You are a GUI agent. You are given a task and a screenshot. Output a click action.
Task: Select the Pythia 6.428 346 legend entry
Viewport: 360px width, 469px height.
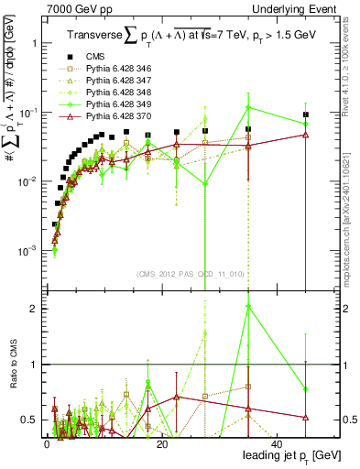pyautogui.click(x=119, y=93)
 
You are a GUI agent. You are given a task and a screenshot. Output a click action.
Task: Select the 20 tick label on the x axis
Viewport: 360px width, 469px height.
pyautogui.click(x=161, y=444)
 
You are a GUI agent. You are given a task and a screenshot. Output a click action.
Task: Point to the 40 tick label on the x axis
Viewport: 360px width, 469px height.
pyautogui.click(x=277, y=444)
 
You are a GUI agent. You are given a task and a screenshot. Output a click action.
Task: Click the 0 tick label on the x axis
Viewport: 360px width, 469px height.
pyautogui.click(x=46, y=444)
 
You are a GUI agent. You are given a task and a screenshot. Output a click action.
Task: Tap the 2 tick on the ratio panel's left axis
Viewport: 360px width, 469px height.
pyautogui.click(x=33, y=309)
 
